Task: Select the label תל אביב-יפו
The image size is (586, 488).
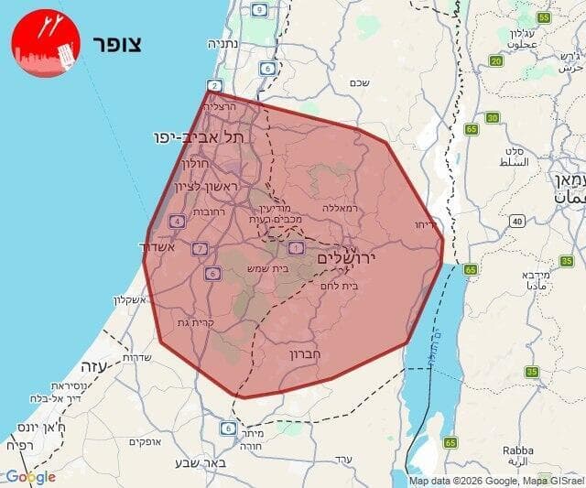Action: click(x=200, y=136)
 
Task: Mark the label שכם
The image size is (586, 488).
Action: click(x=359, y=82)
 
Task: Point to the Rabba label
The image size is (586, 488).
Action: click(x=517, y=450)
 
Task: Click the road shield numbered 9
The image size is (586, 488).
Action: click(x=260, y=10)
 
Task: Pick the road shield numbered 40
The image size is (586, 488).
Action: click(x=517, y=221)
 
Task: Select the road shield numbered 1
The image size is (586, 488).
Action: click(x=296, y=247)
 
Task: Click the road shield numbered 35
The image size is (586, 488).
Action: click(x=532, y=372)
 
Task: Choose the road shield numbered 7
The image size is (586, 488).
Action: click(x=200, y=248)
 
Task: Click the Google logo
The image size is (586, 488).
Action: click(x=29, y=477)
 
